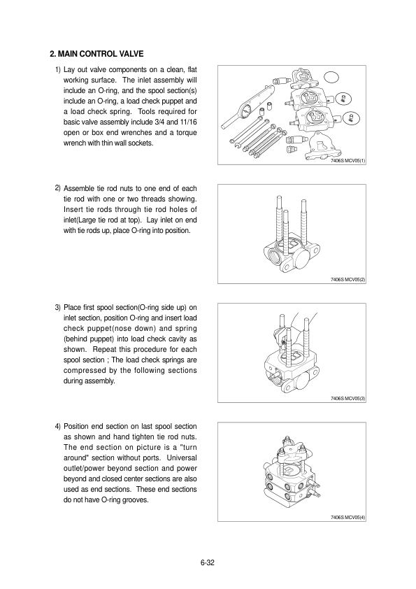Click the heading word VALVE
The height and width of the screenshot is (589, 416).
pos(131,54)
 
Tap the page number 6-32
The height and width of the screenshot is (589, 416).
pos(207,562)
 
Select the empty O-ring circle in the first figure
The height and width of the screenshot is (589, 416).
pos(331,78)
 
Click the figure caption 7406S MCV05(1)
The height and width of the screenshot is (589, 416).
pos(347,161)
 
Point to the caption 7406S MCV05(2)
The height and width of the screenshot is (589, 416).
pos(347,280)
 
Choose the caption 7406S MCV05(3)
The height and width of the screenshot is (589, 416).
pos(347,399)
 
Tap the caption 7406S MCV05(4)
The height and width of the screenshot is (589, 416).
pos(347,518)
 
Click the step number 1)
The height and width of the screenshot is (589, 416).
pos(57,70)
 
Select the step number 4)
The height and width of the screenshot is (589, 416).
pos(57,427)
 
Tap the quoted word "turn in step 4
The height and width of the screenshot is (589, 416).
pos(189,448)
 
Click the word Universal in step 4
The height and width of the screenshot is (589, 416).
pos(182,458)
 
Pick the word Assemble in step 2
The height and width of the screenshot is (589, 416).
pos(78,189)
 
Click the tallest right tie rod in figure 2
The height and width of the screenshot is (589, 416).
pos(303,222)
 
